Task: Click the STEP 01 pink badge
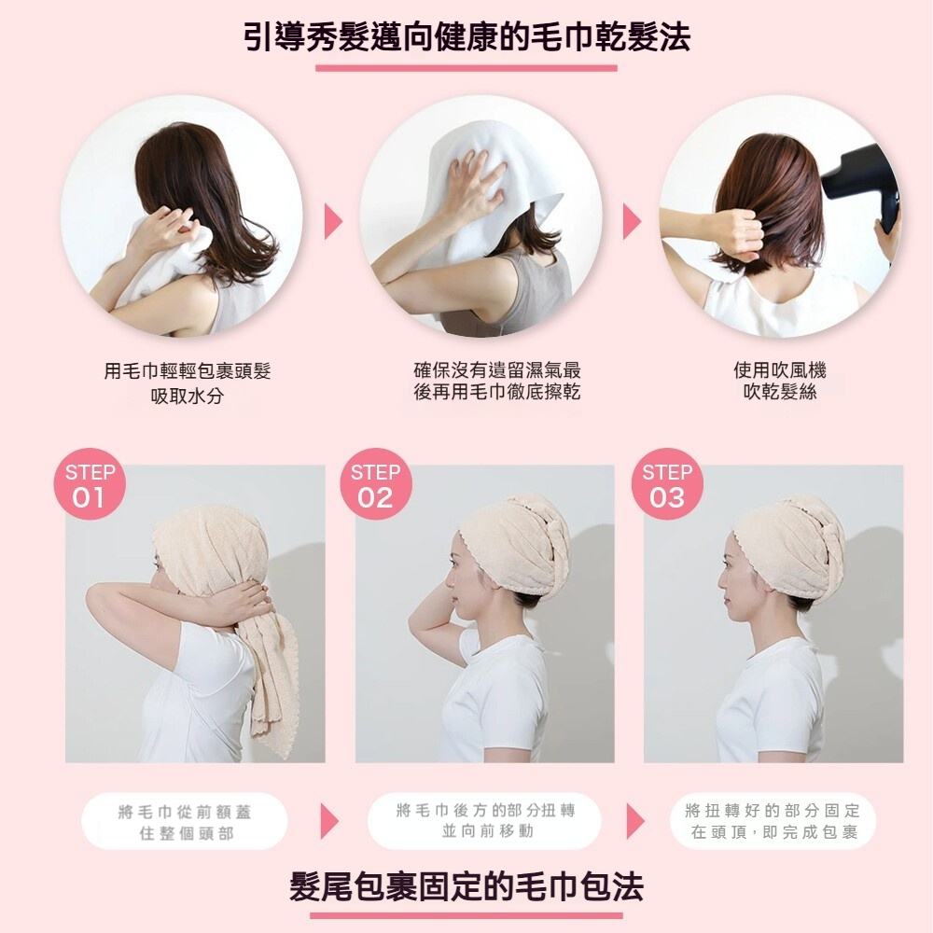tap(90, 483)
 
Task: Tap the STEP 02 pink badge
tap(376, 483)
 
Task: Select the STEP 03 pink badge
tap(667, 483)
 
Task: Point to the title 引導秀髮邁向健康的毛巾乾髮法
tap(467, 37)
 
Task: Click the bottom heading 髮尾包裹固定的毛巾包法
tap(466, 886)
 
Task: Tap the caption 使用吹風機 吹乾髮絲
tap(779, 381)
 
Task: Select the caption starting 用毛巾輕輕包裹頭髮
tap(188, 383)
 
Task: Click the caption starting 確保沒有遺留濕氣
tap(497, 381)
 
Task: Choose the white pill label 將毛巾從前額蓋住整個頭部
tap(185, 822)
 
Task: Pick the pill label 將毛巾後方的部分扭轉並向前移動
tap(485, 820)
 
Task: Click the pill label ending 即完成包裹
tap(772, 821)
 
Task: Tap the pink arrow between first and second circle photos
tap(333, 222)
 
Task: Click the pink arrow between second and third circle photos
tap(632, 222)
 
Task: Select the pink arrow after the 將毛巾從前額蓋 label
tap(329, 821)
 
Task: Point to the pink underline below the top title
tap(466, 68)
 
